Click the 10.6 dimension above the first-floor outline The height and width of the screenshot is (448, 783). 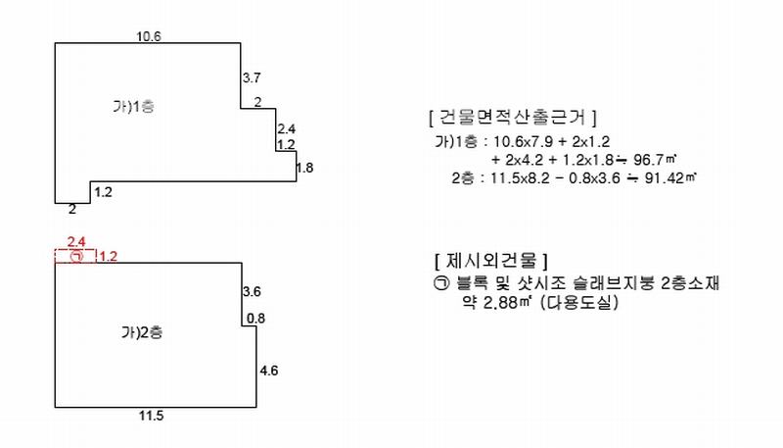(149, 36)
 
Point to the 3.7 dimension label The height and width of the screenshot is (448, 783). (252, 77)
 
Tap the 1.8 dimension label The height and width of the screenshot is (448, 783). (304, 168)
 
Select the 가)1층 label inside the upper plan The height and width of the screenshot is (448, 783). (133, 106)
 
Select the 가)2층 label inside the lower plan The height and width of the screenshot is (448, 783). (142, 332)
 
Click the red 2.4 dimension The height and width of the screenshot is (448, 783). (76, 242)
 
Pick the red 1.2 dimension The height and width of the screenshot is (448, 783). (108, 257)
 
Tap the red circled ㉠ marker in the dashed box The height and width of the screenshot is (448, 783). (77, 257)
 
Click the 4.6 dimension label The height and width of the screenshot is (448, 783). (268, 371)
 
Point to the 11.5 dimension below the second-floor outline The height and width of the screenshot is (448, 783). (152, 416)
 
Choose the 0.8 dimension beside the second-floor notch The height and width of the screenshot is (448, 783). (255, 318)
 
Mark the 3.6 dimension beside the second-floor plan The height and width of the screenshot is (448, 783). (252, 291)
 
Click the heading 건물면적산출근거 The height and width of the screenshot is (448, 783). (512, 117)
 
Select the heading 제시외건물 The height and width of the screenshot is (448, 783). (491, 261)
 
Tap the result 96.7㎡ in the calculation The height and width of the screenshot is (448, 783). (655, 160)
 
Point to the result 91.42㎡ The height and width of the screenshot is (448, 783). (670, 177)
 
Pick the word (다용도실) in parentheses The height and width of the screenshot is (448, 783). (579, 303)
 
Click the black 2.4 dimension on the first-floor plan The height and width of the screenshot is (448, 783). (286, 129)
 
